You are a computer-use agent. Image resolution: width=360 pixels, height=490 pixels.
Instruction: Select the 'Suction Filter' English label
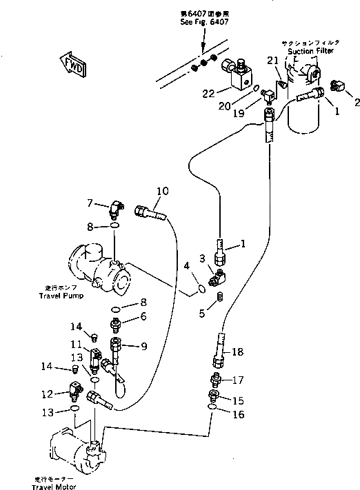point(310,50)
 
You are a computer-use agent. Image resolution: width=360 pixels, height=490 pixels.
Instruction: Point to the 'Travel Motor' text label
point(53,487)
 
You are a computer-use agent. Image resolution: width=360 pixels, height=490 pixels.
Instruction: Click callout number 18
point(238,352)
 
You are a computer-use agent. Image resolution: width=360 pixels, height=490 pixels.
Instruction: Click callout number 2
point(357,103)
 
